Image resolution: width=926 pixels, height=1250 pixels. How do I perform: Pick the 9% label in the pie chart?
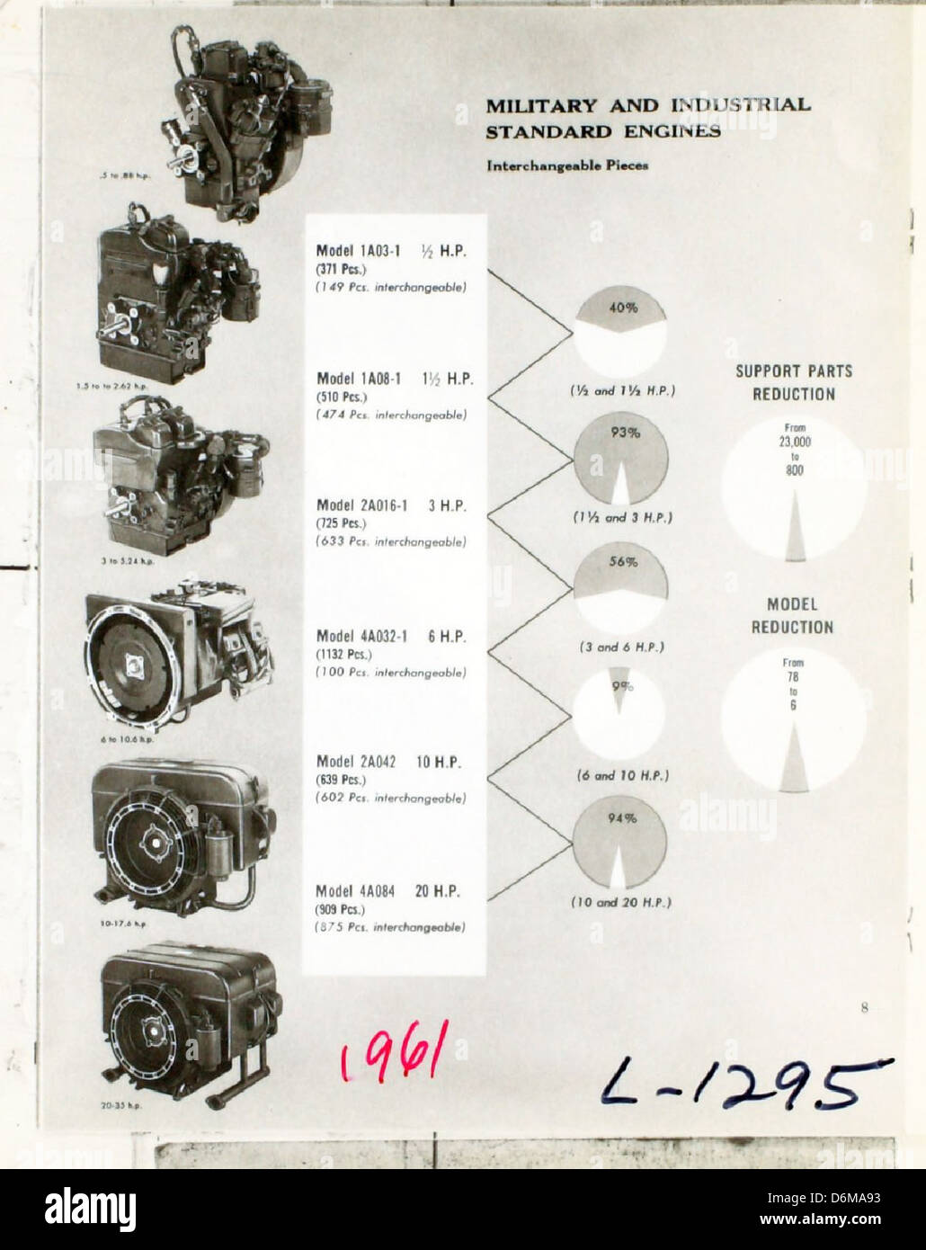pos(622,687)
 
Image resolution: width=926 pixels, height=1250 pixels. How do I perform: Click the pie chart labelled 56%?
pos(620,587)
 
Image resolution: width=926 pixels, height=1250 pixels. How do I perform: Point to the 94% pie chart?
pos(620,844)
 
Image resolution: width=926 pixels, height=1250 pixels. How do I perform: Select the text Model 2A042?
pos(356,762)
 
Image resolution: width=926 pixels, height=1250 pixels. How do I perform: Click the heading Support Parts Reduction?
pos(794,382)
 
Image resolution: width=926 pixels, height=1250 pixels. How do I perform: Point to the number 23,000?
pos(795,442)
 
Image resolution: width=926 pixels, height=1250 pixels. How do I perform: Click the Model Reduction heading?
pos(793,615)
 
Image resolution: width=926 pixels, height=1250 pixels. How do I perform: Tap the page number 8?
pos(863,1008)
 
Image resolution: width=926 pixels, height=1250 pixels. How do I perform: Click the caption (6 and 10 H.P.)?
pos(622,774)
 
